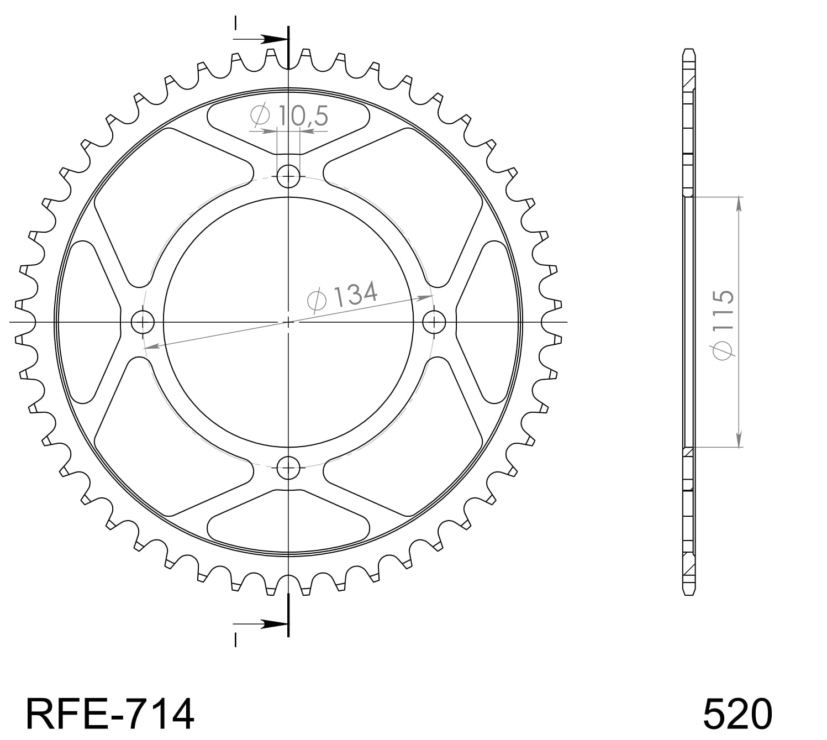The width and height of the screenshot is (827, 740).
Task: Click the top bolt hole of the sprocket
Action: (x=288, y=177)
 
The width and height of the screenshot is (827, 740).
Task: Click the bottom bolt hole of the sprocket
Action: (x=288, y=469)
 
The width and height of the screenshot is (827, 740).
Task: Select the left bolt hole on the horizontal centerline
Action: (x=142, y=322)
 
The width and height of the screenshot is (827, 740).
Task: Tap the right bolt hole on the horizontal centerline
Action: (x=434, y=322)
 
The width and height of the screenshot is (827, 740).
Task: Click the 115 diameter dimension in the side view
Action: (x=724, y=324)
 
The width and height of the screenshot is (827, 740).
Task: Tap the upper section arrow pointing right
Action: (x=272, y=39)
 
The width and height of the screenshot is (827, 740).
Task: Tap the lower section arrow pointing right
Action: (x=272, y=624)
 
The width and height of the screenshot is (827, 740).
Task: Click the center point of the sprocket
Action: (x=288, y=322)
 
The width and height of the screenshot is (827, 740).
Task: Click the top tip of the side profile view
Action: (x=688, y=50)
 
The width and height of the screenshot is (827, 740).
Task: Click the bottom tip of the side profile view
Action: (x=688, y=594)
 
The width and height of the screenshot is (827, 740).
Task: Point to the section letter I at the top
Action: (x=236, y=23)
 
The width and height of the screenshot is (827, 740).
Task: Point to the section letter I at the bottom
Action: (x=236, y=639)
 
